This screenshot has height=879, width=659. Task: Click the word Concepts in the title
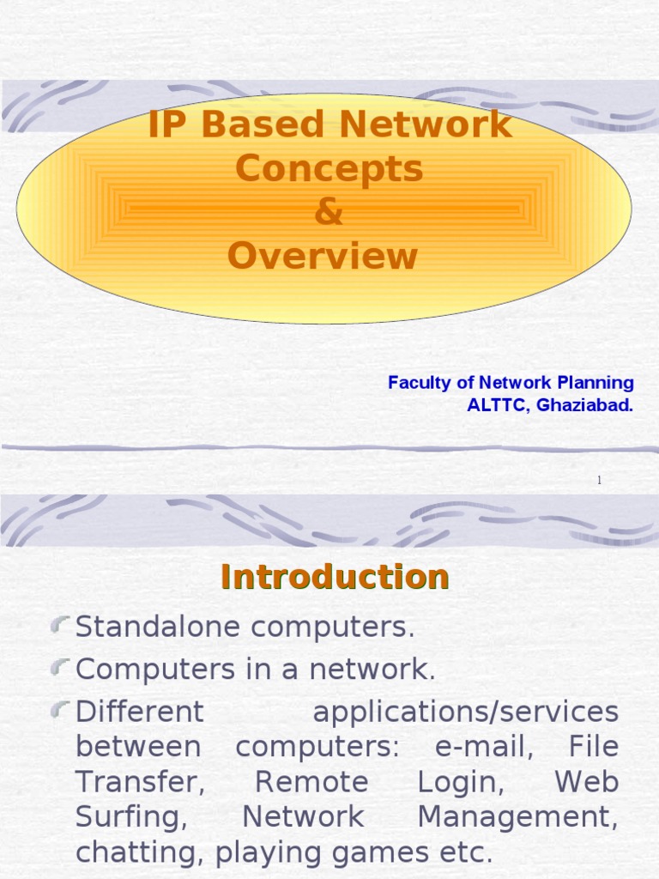click(329, 169)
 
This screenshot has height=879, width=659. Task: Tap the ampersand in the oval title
click(329, 213)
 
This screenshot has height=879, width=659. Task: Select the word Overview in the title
click(323, 257)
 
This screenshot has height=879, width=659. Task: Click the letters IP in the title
click(166, 125)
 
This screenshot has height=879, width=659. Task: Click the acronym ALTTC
click(497, 406)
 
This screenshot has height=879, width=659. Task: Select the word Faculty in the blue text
click(417, 383)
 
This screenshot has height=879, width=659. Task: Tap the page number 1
click(599, 481)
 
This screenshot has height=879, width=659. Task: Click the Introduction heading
click(335, 576)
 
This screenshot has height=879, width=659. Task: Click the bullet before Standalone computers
click(60, 626)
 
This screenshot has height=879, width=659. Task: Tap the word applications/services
click(465, 712)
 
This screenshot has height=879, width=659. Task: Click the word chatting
click(142, 853)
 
